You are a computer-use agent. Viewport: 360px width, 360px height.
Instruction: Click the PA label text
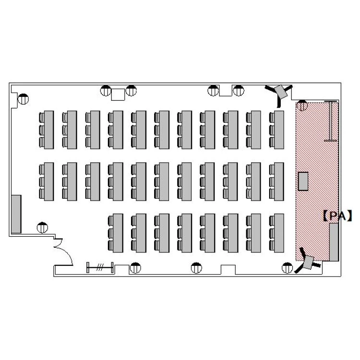pyautogui.click(x=337, y=216)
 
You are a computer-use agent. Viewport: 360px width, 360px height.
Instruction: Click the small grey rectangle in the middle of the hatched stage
pyautogui.click(x=303, y=181)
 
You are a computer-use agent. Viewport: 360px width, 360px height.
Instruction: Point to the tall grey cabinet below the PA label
pyautogui.click(x=334, y=242)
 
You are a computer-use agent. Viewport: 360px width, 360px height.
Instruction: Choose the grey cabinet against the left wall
pyautogui.click(x=16, y=214)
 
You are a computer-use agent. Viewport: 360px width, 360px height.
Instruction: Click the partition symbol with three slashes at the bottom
pyautogui.click(x=100, y=267)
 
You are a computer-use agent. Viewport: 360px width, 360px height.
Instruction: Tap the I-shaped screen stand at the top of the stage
pyautogui.click(x=331, y=121)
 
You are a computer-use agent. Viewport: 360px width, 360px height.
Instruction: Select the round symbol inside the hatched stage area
pyautogui.click(x=302, y=106)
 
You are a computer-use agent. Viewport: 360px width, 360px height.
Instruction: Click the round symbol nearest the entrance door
pyautogui.click(x=42, y=228)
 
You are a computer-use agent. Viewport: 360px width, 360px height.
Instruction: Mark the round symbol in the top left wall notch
pyautogui.click(x=23, y=99)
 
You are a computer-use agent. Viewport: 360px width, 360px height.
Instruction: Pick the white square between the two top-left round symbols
pyautogui.click(x=118, y=95)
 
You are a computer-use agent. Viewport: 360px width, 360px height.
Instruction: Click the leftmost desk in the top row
pyautogui.click(x=47, y=130)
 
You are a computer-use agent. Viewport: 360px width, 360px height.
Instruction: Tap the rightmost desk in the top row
pyautogui.click(x=276, y=130)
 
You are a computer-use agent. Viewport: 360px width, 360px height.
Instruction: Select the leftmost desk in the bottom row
pyautogui.click(x=116, y=233)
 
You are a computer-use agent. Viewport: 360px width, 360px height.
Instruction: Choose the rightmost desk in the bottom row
pyautogui.click(x=276, y=233)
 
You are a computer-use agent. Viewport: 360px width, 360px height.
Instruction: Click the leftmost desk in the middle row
pyautogui.click(x=47, y=181)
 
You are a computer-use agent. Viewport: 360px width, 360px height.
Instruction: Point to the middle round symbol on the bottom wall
pyautogui.click(x=196, y=268)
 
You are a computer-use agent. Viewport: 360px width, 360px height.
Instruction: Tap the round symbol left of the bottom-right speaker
pyautogui.click(x=287, y=268)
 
